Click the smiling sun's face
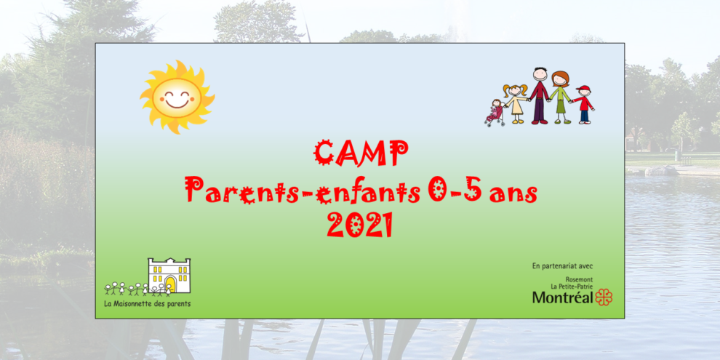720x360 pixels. [x=176, y=96]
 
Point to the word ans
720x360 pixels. [x=514, y=193]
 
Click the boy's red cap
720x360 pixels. [x=583, y=89]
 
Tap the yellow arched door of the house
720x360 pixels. [x=170, y=284]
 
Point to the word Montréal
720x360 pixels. [x=562, y=297]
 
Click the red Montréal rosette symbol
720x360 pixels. [x=604, y=297]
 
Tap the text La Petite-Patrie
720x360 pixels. [x=572, y=287]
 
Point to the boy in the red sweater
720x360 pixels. [x=584, y=104]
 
